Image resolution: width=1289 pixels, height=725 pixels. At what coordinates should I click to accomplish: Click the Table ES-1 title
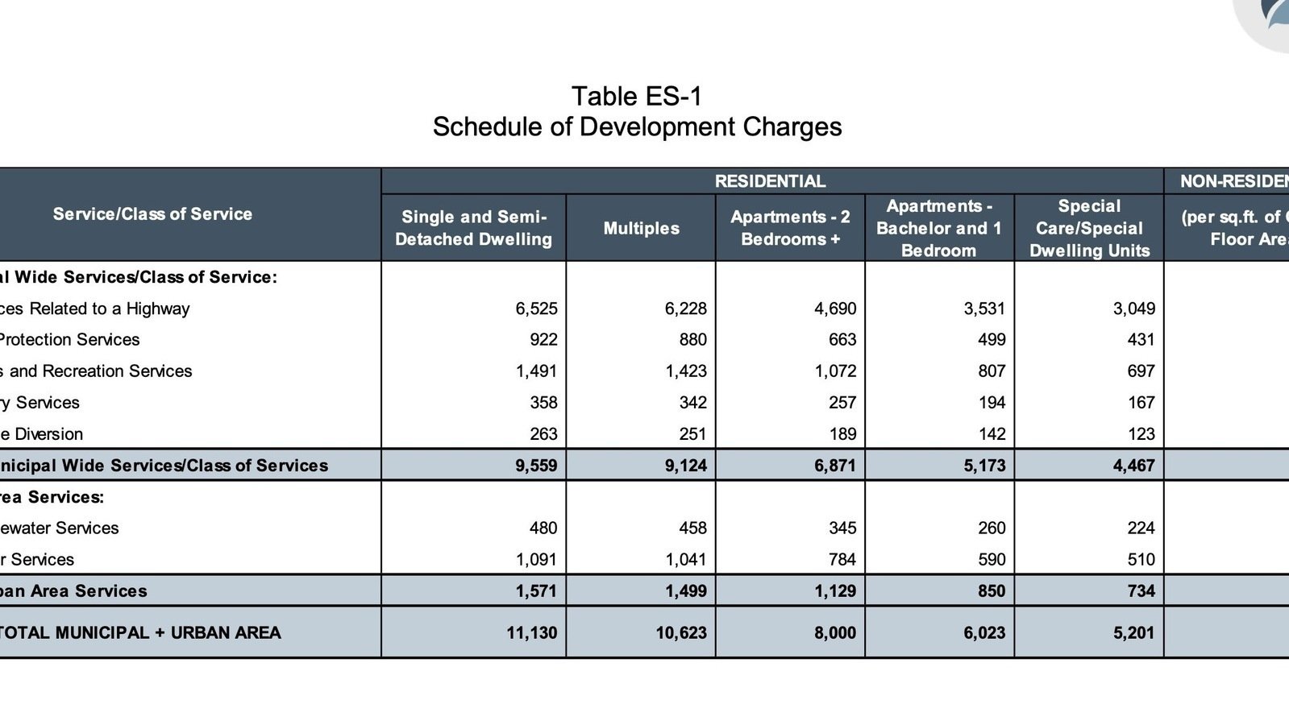(x=637, y=97)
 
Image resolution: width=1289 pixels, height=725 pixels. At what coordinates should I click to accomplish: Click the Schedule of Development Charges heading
(x=637, y=127)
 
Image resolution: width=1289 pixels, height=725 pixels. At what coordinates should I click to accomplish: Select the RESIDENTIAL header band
(x=770, y=181)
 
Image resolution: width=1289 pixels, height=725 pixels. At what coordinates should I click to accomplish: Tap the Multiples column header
(x=641, y=228)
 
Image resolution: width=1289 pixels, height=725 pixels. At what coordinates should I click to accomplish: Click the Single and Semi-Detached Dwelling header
(x=473, y=228)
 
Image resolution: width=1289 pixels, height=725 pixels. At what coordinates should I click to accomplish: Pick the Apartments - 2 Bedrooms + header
(x=790, y=228)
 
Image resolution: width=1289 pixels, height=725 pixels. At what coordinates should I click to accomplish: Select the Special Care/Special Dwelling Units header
(x=1089, y=228)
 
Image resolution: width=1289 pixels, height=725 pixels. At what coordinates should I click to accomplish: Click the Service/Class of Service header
(x=152, y=214)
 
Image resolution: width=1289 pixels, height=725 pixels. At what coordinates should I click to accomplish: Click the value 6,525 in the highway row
(x=536, y=309)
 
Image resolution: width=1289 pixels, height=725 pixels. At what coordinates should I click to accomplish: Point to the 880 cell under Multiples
(x=692, y=340)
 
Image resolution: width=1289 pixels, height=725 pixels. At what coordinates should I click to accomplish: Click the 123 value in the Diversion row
(x=1141, y=434)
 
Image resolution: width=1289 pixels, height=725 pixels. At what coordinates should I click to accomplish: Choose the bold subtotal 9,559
(x=536, y=466)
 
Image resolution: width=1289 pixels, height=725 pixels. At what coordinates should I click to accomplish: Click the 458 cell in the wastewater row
(x=692, y=528)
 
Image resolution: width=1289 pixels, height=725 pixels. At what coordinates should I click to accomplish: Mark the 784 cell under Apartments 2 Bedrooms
(x=842, y=560)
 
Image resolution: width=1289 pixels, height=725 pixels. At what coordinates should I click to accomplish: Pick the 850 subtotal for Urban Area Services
(x=991, y=591)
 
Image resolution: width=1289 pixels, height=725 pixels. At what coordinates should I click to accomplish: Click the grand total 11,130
(x=531, y=633)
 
